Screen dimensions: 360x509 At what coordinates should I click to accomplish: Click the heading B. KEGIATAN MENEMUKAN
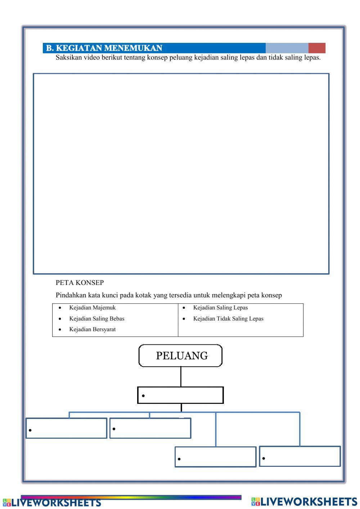pyautogui.click(x=104, y=48)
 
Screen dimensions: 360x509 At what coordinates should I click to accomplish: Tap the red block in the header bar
pyautogui.click(x=317, y=48)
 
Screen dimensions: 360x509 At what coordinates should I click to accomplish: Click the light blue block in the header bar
pyautogui.click(x=287, y=48)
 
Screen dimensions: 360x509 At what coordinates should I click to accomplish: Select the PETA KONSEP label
pyautogui.click(x=80, y=283)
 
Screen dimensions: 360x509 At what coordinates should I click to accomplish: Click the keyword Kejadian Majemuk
pyautogui.click(x=93, y=308)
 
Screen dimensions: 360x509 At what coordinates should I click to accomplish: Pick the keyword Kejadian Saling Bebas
pyautogui.click(x=97, y=318)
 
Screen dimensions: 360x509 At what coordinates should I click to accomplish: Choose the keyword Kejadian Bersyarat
pyautogui.click(x=93, y=329)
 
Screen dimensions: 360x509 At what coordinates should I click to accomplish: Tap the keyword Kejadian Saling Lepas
pyautogui.click(x=220, y=308)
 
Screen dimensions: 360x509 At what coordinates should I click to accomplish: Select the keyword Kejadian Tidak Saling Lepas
pyautogui.click(x=228, y=318)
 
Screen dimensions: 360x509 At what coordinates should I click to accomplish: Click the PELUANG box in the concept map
pyautogui.click(x=180, y=356)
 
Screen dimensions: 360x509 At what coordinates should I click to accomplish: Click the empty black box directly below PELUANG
pyautogui.click(x=180, y=395)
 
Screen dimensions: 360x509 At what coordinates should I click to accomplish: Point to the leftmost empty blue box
pyautogui.click(x=66, y=428)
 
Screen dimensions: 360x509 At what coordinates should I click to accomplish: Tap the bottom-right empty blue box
pyautogui.click(x=300, y=456)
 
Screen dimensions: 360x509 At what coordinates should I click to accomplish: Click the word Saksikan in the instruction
pyautogui.click(x=69, y=58)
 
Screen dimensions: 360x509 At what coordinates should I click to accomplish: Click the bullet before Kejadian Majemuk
pyautogui.click(x=60, y=308)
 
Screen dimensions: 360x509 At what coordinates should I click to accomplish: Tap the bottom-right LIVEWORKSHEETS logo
pyautogui.click(x=304, y=501)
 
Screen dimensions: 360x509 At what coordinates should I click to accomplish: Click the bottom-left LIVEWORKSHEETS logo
pyautogui.click(x=52, y=503)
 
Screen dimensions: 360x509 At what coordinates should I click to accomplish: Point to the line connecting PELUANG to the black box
pyautogui.click(x=181, y=377)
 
